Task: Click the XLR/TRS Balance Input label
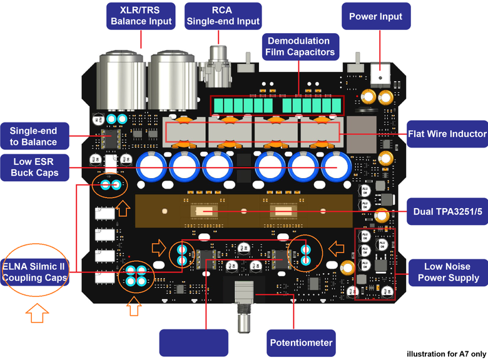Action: (x=141, y=16)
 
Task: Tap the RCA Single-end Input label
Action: (x=223, y=16)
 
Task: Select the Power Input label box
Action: (x=376, y=16)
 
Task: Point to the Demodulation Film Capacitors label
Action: (x=300, y=47)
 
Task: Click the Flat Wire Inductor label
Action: (x=447, y=134)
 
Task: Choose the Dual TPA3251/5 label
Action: (x=447, y=211)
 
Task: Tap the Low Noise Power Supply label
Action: (x=448, y=272)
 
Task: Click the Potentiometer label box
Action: (x=301, y=343)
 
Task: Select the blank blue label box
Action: (x=193, y=343)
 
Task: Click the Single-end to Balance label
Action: (x=34, y=136)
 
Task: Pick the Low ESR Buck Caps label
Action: (x=34, y=167)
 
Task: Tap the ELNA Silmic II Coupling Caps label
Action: (x=34, y=272)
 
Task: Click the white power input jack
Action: (x=380, y=74)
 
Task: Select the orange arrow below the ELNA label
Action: (x=37, y=313)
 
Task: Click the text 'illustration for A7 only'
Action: (x=446, y=354)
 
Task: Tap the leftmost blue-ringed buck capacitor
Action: (x=151, y=166)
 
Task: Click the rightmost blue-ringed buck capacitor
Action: (x=337, y=166)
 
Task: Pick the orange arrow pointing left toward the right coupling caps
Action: (x=337, y=248)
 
